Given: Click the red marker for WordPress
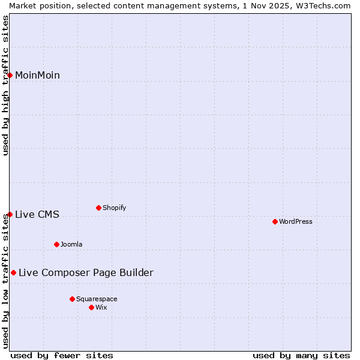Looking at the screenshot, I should (x=275, y=221).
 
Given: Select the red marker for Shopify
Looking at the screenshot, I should (x=98, y=208).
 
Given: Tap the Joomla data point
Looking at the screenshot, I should (x=56, y=244).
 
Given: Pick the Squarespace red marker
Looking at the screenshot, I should (x=72, y=299).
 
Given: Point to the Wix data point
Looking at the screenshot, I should (x=91, y=307).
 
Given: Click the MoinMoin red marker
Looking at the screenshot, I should (x=10, y=75).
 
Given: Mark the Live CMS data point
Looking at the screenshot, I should (x=10, y=214).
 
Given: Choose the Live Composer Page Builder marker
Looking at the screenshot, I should (x=13, y=272).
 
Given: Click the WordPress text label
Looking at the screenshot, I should (x=296, y=221).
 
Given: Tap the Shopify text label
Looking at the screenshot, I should (x=114, y=208).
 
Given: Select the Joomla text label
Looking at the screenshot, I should (x=71, y=244).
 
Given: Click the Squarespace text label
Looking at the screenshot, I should (x=97, y=299).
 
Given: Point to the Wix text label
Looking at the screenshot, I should (x=101, y=307).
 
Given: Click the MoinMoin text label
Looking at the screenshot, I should (x=37, y=75).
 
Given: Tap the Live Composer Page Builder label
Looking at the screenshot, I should (x=86, y=272).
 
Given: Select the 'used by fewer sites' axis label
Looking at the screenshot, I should (x=62, y=355).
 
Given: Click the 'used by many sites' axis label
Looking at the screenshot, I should (x=301, y=355).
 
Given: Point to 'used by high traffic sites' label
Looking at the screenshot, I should (x=5, y=85).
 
